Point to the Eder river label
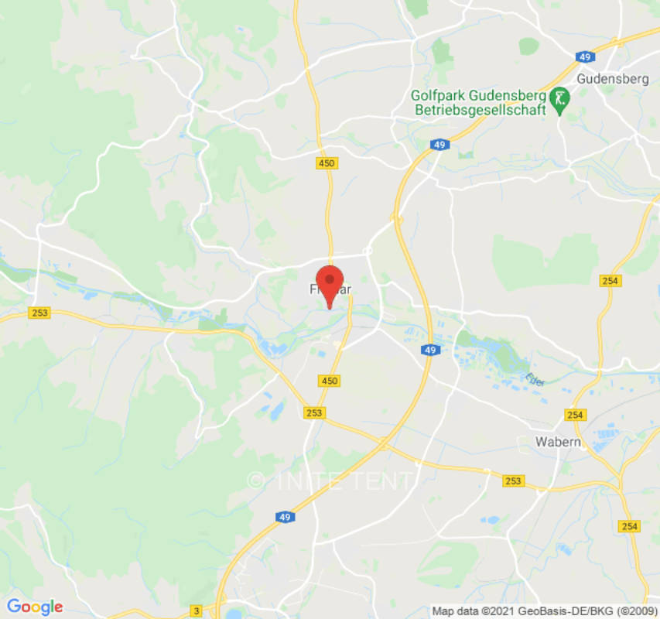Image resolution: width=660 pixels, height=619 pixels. pos(531,378)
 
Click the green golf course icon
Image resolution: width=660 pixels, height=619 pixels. pos(559,98)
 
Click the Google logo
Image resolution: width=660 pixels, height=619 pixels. pos(34,607)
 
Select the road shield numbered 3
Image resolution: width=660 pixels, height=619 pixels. pos(197,611)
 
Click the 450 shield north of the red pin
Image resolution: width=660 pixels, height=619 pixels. pos(327,163)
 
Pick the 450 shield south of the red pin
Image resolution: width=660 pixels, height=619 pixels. pos(329,381)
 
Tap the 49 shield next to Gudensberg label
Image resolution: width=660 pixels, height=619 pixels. pos(586,57)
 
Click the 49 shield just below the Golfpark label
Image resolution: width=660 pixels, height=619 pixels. pos(439,145)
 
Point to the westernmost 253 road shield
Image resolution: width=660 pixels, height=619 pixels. pos(39,313)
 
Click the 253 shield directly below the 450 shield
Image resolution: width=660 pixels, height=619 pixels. pos(314,413)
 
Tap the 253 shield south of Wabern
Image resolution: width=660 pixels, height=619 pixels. pos(513,481)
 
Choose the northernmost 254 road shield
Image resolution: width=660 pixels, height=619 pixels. pos(610,281)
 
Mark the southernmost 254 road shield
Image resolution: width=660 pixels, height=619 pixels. pos(629,526)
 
